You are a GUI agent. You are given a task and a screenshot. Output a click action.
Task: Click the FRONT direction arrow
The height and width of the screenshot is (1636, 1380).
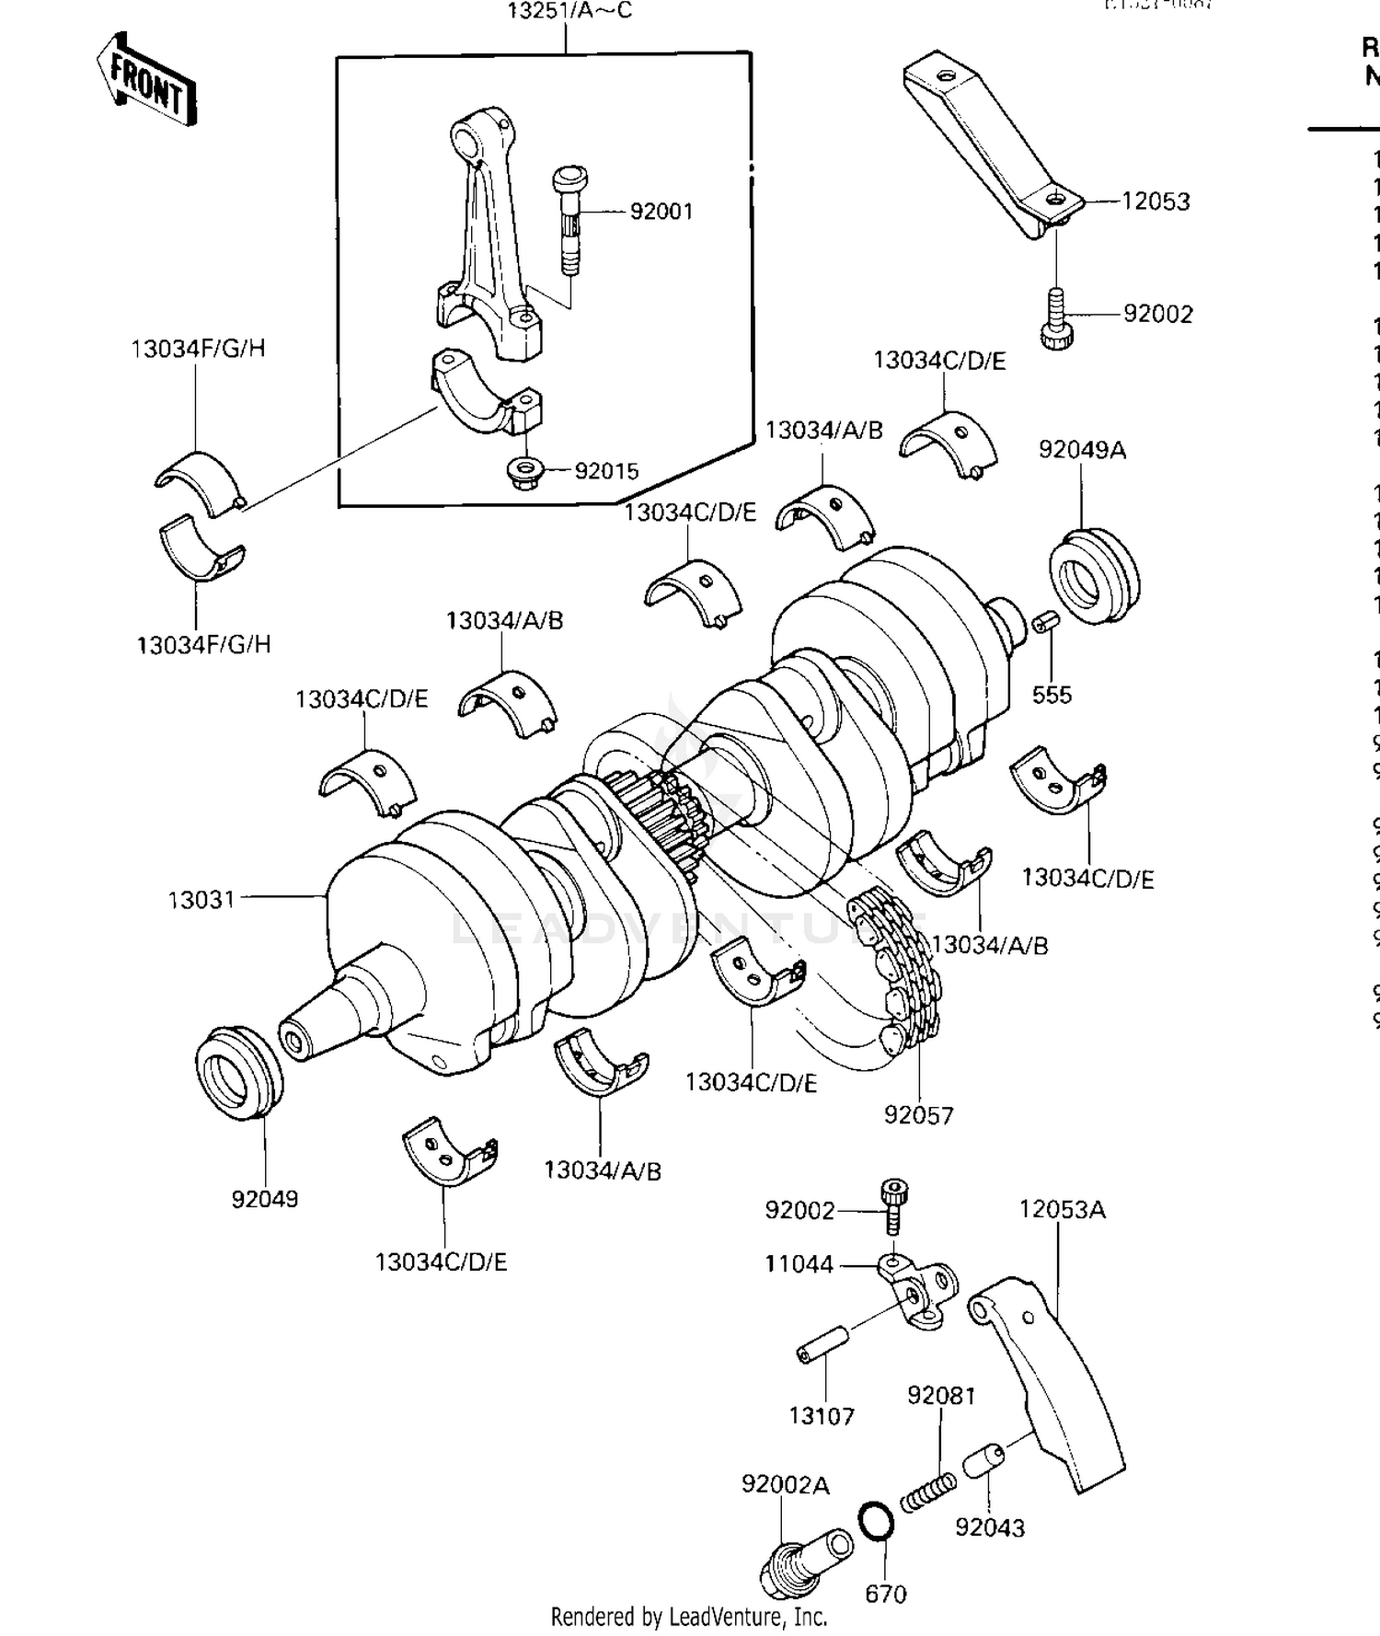147,81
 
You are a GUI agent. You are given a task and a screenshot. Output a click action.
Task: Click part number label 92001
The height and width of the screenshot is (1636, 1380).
661,212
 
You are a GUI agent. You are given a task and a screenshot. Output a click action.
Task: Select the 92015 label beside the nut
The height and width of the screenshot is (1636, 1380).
606,471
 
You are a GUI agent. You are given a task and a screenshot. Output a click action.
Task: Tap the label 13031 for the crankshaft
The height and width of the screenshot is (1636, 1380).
201,899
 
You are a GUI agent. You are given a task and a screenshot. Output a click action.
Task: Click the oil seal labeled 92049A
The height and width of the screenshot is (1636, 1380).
1094,576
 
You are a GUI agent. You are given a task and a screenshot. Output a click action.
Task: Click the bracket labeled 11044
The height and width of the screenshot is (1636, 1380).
916,1289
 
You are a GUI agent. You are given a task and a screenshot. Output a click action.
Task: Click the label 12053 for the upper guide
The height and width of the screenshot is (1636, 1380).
1155,202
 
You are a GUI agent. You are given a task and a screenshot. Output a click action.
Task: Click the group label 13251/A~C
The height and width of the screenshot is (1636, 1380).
569,12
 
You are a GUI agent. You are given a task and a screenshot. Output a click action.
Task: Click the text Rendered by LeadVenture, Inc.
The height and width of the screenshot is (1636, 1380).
689,1617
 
